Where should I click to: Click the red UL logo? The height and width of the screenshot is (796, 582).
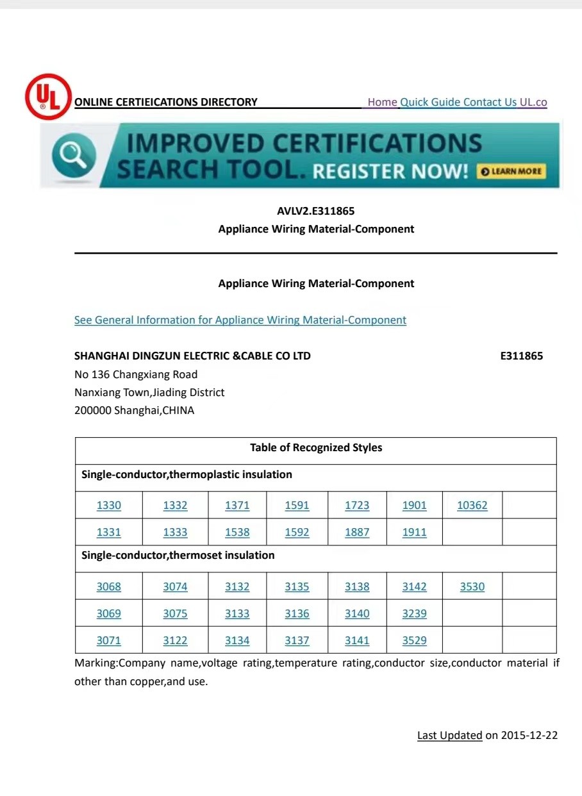point(47,97)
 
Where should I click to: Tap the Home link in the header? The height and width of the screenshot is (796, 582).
point(383,102)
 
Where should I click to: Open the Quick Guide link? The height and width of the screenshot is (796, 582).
point(431,102)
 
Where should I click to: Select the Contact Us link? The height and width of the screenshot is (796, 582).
point(490,102)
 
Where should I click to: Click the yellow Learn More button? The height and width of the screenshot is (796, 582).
point(511,171)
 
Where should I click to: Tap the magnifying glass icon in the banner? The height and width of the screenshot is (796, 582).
point(74,156)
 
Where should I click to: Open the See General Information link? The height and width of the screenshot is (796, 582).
point(240,320)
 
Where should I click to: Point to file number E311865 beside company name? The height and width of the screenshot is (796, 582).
point(521,356)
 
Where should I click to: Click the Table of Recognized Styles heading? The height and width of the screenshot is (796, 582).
point(315,447)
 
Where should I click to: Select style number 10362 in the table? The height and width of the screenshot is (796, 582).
point(472,505)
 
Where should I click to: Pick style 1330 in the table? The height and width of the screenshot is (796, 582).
point(108,505)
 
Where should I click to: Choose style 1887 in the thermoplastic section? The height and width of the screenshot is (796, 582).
point(357,532)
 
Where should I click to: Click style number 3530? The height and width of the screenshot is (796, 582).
point(472,586)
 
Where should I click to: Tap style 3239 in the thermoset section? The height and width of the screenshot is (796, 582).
point(414,613)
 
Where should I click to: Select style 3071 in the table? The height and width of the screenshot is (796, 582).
point(108,640)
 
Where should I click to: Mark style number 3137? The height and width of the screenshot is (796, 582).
point(297,640)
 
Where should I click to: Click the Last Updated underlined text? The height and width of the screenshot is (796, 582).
point(449,735)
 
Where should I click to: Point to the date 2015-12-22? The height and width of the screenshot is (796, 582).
point(529,735)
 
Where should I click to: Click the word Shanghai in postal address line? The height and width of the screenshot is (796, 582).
point(137,410)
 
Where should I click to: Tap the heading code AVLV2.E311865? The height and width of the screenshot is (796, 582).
point(316,211)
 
